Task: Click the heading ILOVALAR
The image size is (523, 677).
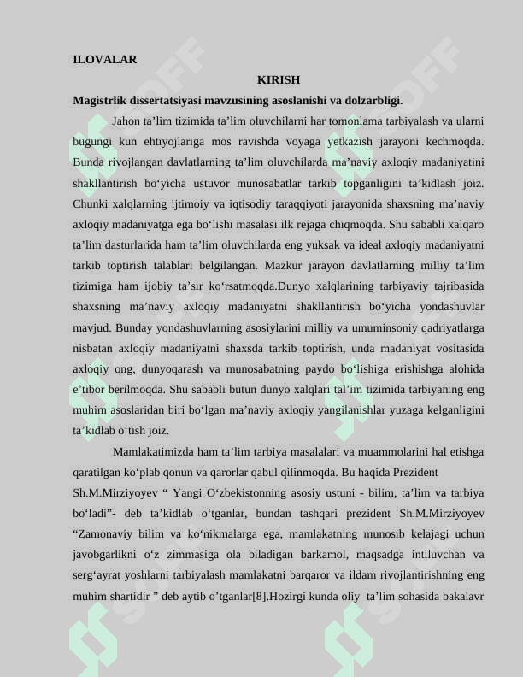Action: (x=105, y=60)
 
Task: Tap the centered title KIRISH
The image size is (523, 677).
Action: (x=279, y=80)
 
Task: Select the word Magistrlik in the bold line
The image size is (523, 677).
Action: (x=100, y=100)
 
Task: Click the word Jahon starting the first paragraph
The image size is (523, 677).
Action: (x=127, y=121)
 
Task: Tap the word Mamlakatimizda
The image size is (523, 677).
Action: (x=153, y=451)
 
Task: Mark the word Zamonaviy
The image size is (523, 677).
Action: (x=103, y=534)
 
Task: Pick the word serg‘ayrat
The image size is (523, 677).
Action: (x=96, y=575)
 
